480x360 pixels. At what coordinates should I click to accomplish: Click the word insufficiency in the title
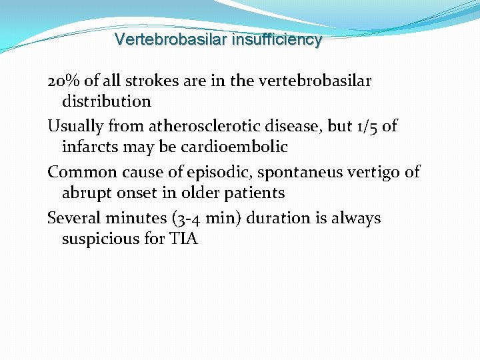[277, 40]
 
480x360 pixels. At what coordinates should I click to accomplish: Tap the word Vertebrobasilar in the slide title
[171, 40]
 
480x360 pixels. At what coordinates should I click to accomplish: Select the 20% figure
[64, 81]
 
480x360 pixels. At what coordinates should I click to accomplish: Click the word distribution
[107, 102]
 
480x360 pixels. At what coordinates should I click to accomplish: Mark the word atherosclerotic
[208, 127]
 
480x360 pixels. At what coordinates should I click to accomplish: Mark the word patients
[257, 193]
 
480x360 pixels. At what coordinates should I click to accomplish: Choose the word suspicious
[95, 239]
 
